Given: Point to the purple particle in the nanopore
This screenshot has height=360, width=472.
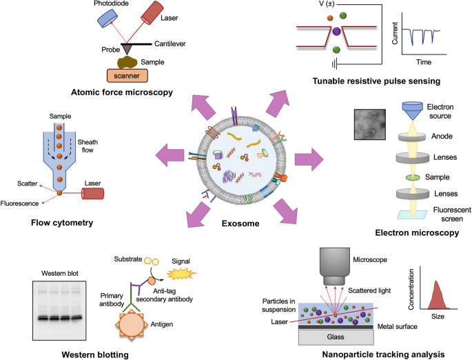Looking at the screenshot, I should tap(336, 32).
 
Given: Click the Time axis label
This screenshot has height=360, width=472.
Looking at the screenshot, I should tap(423, 62).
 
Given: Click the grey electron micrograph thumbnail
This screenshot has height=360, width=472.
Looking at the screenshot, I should tap(371, 126).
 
